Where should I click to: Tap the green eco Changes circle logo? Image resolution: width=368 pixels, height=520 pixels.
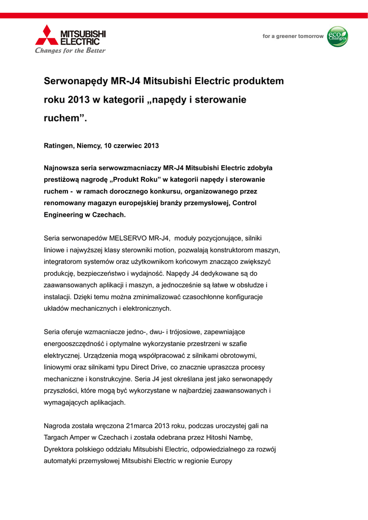coord(338,37)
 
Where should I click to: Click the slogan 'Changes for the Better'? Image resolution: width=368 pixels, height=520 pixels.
coord(70,51)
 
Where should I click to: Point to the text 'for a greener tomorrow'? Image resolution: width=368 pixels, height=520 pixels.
coord(293,37)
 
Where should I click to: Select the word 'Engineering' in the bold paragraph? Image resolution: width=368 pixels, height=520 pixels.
coord(63,215)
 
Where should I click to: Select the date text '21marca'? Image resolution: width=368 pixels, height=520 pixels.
coord(138,426)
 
